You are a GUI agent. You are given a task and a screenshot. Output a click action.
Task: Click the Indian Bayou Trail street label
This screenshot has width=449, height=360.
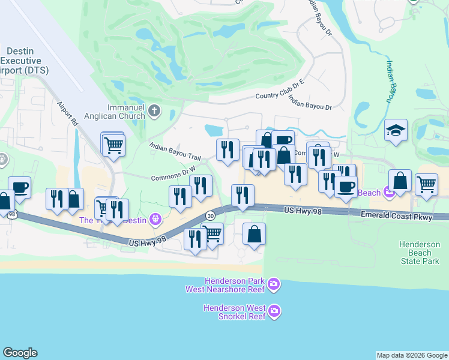coord(173,151)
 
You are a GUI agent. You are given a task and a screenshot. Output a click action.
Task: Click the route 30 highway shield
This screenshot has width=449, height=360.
coord(209,215)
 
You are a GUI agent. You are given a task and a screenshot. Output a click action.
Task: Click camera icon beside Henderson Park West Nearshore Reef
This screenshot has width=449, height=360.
coord(274,284)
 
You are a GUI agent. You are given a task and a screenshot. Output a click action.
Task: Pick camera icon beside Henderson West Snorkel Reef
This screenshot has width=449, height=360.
coord(274,311)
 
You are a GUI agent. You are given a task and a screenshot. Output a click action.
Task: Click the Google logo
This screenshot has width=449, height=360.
coord(20,353)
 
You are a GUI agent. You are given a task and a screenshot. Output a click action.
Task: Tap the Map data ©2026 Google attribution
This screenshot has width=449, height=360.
coord(412,355)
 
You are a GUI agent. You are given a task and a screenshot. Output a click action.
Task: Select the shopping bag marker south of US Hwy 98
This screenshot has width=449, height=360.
coord(255,233)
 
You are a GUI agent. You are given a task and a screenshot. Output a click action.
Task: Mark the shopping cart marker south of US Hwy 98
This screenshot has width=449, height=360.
coord(212,233)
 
